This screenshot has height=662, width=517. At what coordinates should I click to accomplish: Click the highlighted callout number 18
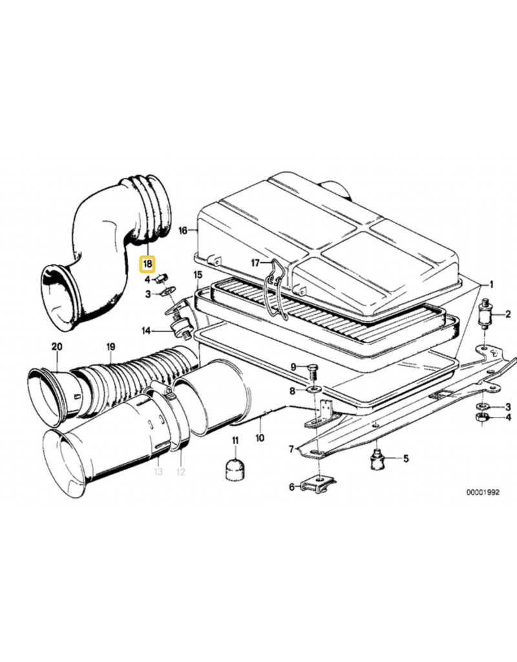pyautogui.click(x=147, y=264)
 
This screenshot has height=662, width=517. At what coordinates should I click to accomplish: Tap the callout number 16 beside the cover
pyautogui.click(x=183, y=230)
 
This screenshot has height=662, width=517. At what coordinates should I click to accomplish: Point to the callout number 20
pyautogui.click(x=57, y=347)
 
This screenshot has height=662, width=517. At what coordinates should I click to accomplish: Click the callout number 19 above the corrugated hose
pyautogui.click(x=111, y=347)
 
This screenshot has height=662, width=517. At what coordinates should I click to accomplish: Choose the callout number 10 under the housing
pyautogui.click(x=259, y=438)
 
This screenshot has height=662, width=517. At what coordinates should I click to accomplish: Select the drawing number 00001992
pyautogui.click(x=483, y=492)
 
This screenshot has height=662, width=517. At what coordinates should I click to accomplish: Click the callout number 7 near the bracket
pyautogui.click(x=291, y=449)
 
